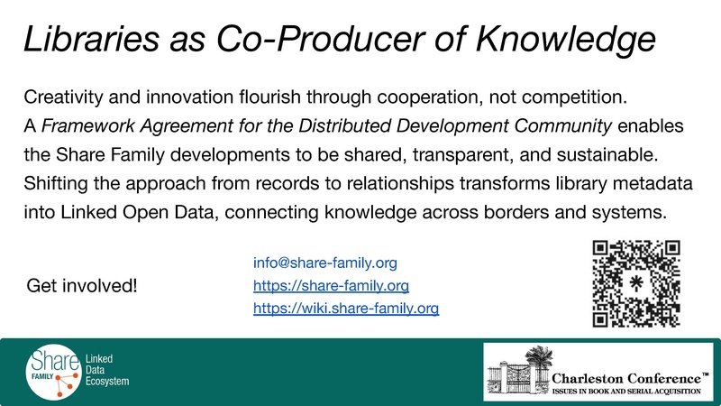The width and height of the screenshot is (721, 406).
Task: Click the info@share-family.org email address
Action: [x=326, y=263]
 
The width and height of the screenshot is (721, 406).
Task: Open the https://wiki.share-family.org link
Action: [x=346, y=309]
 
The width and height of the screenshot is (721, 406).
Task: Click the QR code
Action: [x=635, y=282]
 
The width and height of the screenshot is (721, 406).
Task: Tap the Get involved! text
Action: [x=83, y=286]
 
